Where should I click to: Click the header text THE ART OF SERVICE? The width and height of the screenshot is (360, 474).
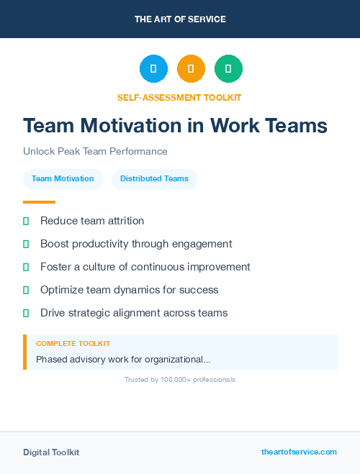point(180,19)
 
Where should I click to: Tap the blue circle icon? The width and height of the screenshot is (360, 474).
point(153,69)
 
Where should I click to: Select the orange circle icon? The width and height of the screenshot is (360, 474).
point(191,69)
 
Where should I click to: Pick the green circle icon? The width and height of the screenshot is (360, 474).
point(228,69)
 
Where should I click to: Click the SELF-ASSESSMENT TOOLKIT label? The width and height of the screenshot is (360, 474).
point(179,97)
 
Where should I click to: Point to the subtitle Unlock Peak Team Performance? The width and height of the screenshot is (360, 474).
point(95,152)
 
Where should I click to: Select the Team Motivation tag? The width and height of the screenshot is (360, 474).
point(63,179)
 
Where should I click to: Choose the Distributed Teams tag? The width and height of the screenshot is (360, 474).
point(154,179)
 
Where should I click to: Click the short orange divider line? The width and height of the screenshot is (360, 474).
point(39,202)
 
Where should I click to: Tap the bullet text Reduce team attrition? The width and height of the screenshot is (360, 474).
point(92,221)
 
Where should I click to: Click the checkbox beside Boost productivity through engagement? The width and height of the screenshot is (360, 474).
point(26,244)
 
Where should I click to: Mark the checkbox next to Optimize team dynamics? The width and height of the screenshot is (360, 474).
point(26,290)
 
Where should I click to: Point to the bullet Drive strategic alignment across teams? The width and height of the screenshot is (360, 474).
point(134,313)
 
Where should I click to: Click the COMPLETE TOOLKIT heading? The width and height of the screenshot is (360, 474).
point(73,344)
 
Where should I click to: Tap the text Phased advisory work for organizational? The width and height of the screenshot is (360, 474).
point(123,359)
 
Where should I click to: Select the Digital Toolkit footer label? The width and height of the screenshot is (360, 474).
point(51,452)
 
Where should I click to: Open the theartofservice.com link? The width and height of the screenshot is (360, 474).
point(299,452)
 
